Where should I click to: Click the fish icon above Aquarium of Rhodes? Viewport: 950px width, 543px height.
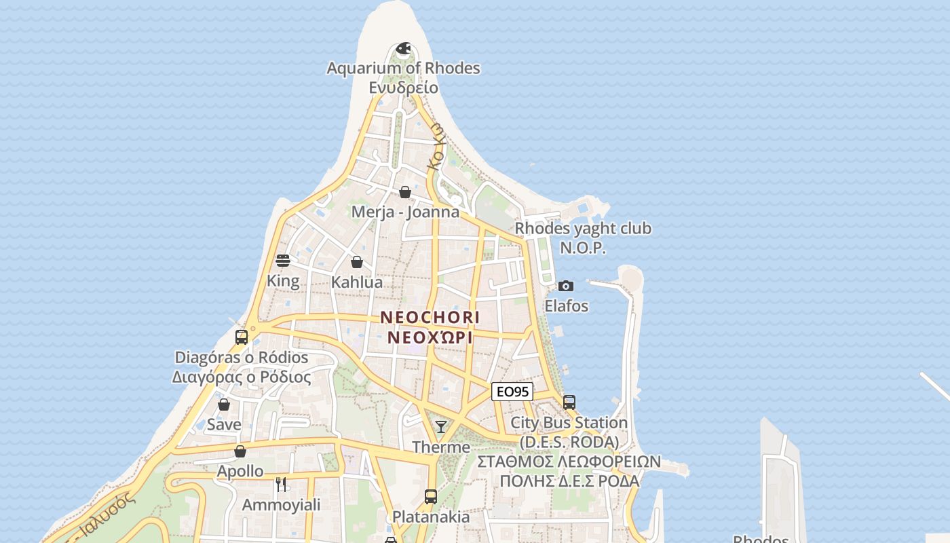(x=403, y=48)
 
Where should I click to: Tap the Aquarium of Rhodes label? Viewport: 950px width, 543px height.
(x=403, y=68)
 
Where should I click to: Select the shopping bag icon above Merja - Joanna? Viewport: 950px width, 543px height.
(x=405, y=192)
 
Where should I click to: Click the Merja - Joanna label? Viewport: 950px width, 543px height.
(x=405, y=212)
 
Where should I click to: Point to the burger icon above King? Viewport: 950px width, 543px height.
(x=283, y=261)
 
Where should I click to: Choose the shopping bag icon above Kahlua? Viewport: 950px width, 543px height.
(x=357, y=261)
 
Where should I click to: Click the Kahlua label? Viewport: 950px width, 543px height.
(x=357, y=282)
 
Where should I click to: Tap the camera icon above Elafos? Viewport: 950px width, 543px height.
(x=566, y=286)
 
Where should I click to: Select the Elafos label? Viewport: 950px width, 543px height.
(x=567, y=306)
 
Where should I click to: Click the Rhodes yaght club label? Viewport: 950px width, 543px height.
(x=583, y=228)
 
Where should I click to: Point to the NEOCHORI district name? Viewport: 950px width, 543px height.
(x=430, y=317)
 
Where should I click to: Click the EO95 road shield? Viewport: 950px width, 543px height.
(x=512, y=392)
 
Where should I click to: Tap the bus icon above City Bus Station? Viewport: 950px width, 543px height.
(x=569, y=402)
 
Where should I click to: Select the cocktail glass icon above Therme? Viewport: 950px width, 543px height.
(x=441, y=426)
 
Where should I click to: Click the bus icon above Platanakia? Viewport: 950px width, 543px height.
(x=431, y=496)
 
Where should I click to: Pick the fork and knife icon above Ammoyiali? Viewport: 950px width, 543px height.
(x=281, y=484)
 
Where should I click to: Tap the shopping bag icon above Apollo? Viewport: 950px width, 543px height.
(x=240, y=451)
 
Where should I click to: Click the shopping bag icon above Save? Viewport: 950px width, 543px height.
(x=224, y=405)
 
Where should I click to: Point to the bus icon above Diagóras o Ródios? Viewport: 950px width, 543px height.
(x=242, y=337)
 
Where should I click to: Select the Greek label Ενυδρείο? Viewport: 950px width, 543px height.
(x=403, y=88)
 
